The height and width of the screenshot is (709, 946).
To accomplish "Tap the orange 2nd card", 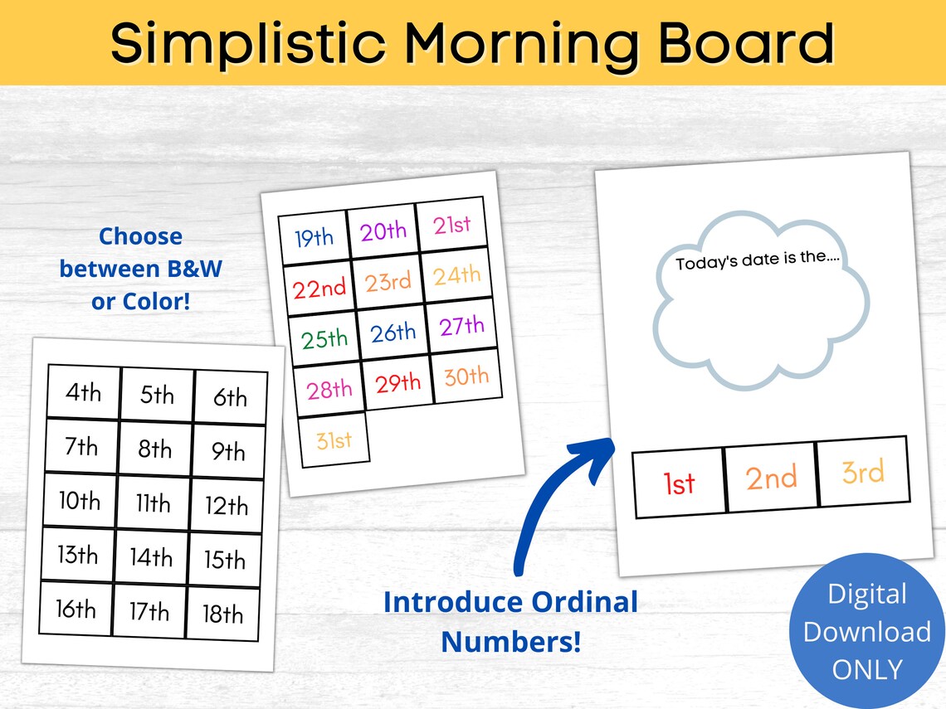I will [x=771, y=478].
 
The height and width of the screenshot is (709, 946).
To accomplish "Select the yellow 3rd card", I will [x=862, y=472].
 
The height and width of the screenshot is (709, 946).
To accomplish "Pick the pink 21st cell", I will [x=451, y=224].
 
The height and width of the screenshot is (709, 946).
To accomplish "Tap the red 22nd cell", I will [x=319, y=289].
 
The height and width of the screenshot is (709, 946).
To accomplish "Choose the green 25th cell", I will [x=324, y=338].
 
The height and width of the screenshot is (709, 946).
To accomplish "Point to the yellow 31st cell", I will [x=334, y=439].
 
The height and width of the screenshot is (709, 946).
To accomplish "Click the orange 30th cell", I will [x=466, y=377].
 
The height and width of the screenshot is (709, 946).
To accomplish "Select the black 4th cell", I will [x=83, y=391].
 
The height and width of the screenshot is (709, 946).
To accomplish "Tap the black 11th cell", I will [x=153, y=503].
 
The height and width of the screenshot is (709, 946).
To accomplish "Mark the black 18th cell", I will [x=222, y=614].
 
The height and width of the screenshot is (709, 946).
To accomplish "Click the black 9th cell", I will [x=228, y=452].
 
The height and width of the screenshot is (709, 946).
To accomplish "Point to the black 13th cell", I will [x=77, y=554].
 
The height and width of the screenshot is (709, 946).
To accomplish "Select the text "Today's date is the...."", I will [x=758, y=260].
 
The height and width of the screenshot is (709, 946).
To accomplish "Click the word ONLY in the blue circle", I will [x=867, y=669].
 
